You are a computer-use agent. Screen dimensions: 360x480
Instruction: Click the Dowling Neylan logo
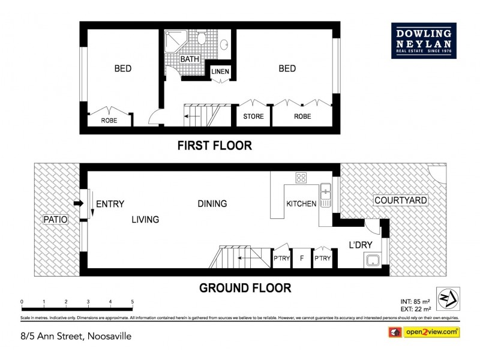424,41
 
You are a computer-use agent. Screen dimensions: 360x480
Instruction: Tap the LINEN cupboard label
220,72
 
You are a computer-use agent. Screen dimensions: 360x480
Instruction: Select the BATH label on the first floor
190,59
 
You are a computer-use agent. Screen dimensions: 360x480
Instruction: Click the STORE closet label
253,116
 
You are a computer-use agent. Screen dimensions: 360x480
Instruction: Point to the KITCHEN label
301,204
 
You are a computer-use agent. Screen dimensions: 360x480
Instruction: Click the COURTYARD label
400,200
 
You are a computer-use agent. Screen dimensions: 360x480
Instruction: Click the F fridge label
301,259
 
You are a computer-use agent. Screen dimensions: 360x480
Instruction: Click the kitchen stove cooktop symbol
301,178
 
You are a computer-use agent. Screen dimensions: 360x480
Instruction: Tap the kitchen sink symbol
326,194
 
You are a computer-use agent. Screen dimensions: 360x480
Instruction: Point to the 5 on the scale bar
132,302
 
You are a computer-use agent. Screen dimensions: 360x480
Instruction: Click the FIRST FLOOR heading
214,145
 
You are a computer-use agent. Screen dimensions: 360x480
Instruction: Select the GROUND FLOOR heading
245,288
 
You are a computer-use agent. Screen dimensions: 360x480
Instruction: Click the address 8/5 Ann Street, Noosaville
75,337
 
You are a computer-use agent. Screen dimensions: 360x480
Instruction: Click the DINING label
212,204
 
